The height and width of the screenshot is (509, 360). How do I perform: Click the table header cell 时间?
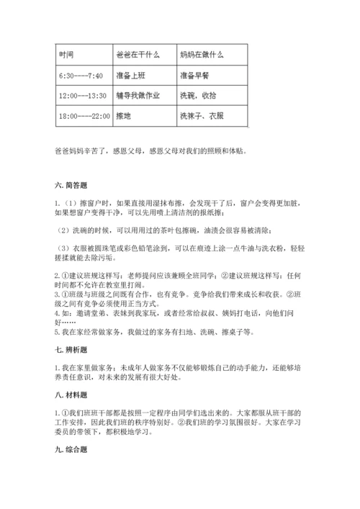point(66,55)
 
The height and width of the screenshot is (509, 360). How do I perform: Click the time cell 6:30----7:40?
point(79,76)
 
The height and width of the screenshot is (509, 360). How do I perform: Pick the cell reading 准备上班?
point(129,76)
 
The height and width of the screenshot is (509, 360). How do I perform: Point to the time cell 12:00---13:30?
point(82,95)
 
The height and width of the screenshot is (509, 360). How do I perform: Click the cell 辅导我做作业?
point(137,95)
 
